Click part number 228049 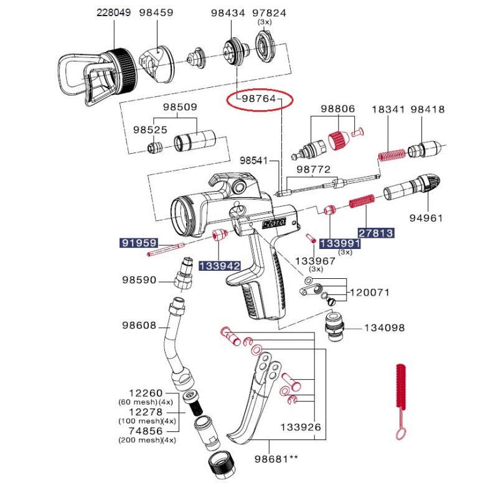113,12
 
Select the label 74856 146,430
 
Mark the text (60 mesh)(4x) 147,402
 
